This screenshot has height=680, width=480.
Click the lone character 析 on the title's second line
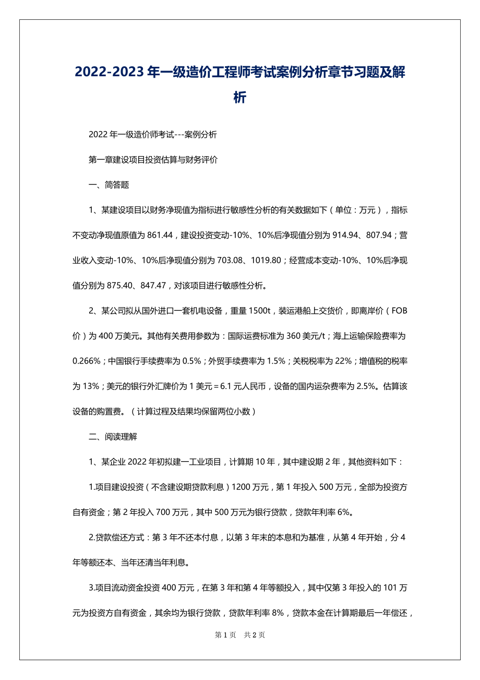pyautogui.click(x=240, y=98)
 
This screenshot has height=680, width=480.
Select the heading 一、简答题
pyautogui.click(x=109, y=185)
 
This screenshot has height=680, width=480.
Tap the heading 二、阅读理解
pyautogui.click(x=113, y=437)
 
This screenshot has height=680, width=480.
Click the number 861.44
pyautogui.click(x=160, y=235)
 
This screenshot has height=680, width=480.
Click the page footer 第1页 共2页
pyautogui.click(x=240, y=635)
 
